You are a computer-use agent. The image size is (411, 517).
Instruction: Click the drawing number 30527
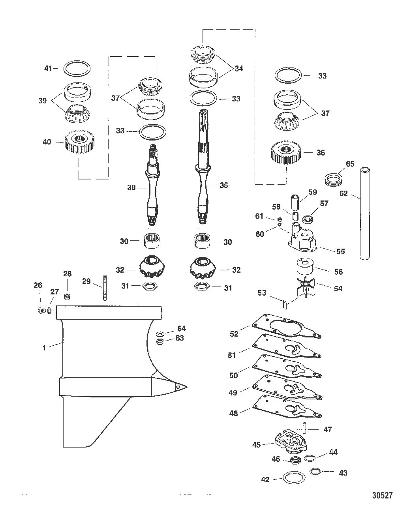(382, 495)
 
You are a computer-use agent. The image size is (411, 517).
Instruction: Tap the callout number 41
(48, 68)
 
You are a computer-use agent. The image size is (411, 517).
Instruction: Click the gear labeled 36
(286, 153)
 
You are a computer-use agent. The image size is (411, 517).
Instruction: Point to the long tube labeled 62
(365, 214)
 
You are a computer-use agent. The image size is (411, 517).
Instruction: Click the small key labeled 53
(285, 305)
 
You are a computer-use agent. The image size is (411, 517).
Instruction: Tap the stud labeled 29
(105, 287)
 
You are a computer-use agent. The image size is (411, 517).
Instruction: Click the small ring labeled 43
(315, 471)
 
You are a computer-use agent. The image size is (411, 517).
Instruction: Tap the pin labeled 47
(304, 428)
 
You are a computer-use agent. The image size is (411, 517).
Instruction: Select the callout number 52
(234, 334)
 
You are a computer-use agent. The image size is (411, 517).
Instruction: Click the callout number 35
(223, 185)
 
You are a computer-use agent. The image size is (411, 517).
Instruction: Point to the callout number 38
(131, 187)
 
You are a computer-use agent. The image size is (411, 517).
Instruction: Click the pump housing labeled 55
(302, 238)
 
